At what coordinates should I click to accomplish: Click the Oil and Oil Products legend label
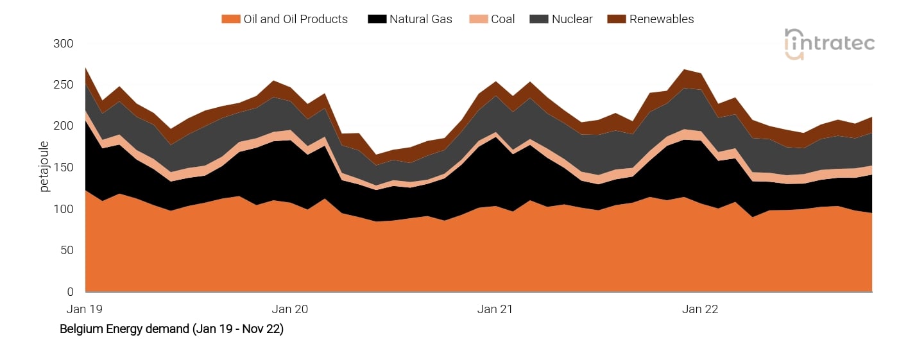pos(295,19)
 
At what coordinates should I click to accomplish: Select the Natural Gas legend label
pos(420,19)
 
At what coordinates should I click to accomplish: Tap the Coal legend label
pos(502,19)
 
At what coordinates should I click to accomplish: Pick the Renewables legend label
pos(661,19)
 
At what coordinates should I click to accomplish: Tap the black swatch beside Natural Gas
pos(376,19)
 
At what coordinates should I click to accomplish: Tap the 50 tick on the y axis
pos(67,251)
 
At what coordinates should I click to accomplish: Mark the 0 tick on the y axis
pos(71,292)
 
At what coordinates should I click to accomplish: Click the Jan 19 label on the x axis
pos(85,309)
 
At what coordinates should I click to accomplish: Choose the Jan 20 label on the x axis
pos(290,309)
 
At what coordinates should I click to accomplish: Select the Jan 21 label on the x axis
pos(495,309)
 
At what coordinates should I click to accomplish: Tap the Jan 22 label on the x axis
pos(700,309)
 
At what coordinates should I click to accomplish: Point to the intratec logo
pos(829,44)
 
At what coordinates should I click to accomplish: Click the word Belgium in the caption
pos(80,329)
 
